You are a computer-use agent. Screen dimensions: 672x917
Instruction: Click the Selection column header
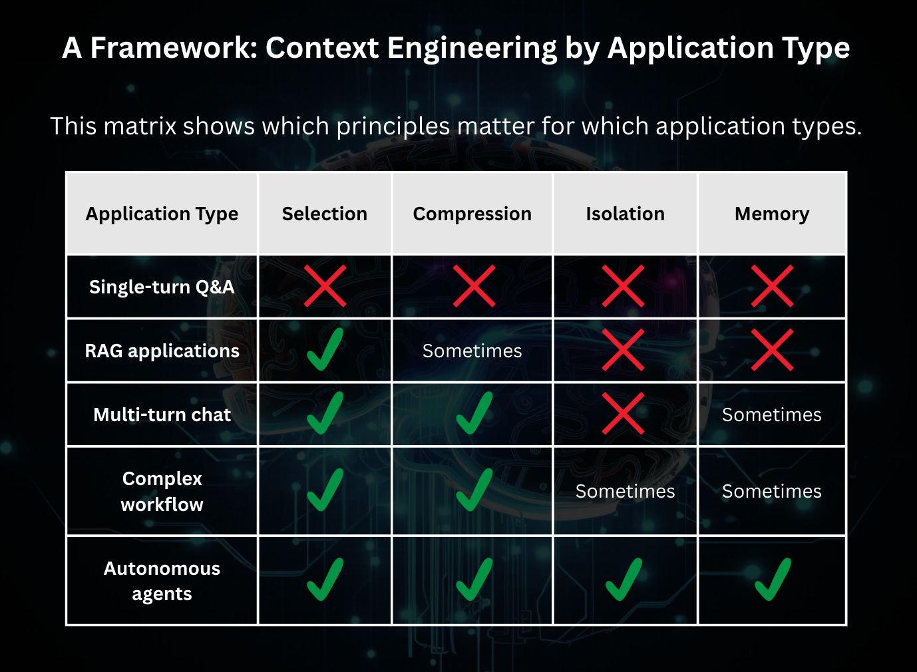pos(325,214)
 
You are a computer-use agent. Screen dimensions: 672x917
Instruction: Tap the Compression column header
pos(472,214)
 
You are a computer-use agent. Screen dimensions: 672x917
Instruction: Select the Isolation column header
pos(626,214)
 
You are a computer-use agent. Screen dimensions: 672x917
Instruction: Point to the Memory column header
pos(772,214)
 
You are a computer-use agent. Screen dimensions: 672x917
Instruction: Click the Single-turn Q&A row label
pos(162,287)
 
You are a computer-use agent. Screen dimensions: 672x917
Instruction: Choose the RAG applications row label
pos(162,351)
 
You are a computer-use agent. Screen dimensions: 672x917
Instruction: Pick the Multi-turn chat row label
pos(162,415)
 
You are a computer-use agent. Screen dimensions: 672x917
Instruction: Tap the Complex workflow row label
pos(162,491)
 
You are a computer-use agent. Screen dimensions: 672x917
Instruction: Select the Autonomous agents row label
pos(162,581)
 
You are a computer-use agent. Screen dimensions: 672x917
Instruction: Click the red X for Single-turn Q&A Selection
pos(325,286)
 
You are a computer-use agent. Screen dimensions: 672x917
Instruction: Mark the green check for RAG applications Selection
pos(325,350)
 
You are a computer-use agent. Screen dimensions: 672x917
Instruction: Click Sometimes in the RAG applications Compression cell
pos(472,351)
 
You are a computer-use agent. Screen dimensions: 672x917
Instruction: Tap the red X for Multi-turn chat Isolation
pos(623,414)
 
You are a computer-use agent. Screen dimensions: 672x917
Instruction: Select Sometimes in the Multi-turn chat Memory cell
pos(772,415)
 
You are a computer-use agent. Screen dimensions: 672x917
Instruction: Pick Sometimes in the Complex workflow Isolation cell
pos(626,491)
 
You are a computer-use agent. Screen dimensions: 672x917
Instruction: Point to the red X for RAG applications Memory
pos(772,350)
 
